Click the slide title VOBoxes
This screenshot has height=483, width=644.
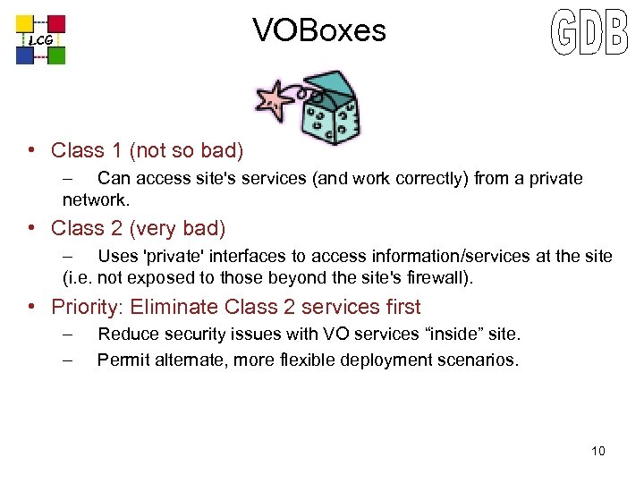coord(319,31)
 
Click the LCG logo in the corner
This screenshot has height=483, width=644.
coord(40,39)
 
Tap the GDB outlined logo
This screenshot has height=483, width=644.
coord(589,35)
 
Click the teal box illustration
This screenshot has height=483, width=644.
coord(328,112)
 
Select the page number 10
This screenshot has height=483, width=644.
coord(597,451)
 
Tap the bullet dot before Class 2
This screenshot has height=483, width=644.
coord(31,228)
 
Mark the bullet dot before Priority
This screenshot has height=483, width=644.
coord(31,307)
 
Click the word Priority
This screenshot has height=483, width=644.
coord(86,308)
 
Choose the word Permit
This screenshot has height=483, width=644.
coord(123,361)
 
